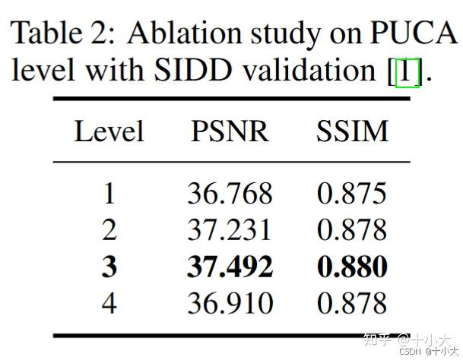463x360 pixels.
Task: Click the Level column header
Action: pyautogui.click(x=109, y=131)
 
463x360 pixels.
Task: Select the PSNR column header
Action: pyautogui.click(x=230, y=131)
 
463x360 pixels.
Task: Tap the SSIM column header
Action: pyautogui.click(x=352, y=131)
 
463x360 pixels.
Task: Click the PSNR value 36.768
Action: pyautogui.click(x=230, y=193)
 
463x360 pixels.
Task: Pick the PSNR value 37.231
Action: pyautogui.click(x=229, y=229)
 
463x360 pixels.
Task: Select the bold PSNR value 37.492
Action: pyautogui.click(x=230, y=267)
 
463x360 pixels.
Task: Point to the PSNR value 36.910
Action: pyautogui.click(x=230, y=303)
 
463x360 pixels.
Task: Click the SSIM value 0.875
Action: pyautogui.click(x=352, y=193)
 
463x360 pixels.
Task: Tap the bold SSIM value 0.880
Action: pyautogui.click(x=352, y=267)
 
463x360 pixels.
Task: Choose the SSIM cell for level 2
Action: pyautogui.click(x=352, y=229)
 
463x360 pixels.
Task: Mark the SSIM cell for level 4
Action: pyautogui.click(x=352, y=303)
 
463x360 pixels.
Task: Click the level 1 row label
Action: pyautogui.click(x=109, y=193)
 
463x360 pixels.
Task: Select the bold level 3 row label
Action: pyautogui.click(x=109, y=267)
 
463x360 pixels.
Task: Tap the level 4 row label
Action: pyautogui.click(x=109, y=303)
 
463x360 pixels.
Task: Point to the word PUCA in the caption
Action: pyautogui.click(x=414, y=33)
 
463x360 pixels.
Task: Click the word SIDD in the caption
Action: pyautogui.click(x=193, y=70)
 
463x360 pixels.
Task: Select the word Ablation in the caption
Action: pyautogui.click(x=184, y=33)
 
